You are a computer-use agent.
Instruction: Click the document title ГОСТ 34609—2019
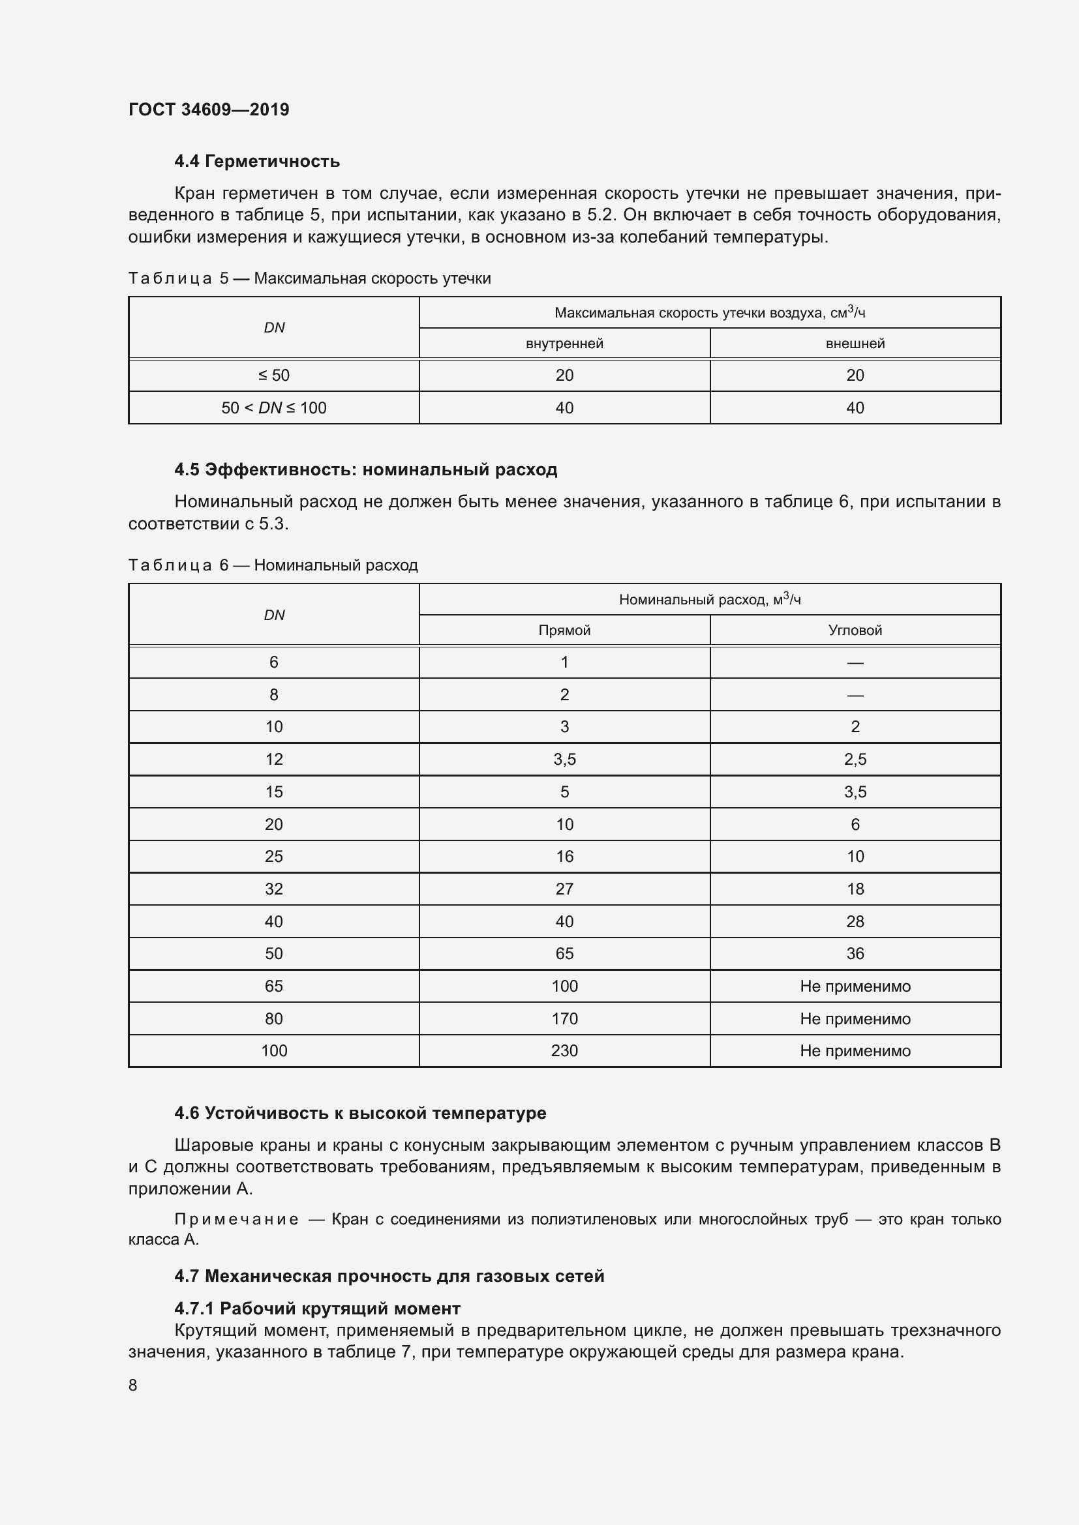[x=209, y=110]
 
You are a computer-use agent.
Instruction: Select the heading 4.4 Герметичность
[x=257, y=161]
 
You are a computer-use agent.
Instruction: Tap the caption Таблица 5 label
[x=178, y=278]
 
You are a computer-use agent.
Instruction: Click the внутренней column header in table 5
[x=564, y=344]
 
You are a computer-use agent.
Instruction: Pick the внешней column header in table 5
[x=855, y=344]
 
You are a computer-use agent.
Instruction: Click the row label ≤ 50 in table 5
[x=274, y=376]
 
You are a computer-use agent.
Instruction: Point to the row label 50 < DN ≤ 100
[x=274, y=407]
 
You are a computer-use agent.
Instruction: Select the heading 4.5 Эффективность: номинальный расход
[x=365, y=469]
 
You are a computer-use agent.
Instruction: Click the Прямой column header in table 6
[x=564, y=630]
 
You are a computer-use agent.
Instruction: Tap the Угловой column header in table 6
[x=855, y=630]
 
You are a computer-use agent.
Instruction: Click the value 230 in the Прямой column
[x=564, y=1051]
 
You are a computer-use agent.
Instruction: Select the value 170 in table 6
[x=564, y=1019]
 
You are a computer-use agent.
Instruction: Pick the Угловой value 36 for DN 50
[x=855, y=954]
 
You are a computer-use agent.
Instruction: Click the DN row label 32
[x=274, y=889]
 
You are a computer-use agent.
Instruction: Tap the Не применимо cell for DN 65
[x=855, y=986]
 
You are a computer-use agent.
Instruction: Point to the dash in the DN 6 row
[x=855, y=663]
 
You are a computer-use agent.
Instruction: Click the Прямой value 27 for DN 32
[x=564, y=889]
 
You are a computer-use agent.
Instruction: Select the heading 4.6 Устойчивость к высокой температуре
[x=360, y=1113]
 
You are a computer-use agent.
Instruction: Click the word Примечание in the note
[x=236, y=1219]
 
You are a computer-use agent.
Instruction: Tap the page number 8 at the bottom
[x=133, y=1385]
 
